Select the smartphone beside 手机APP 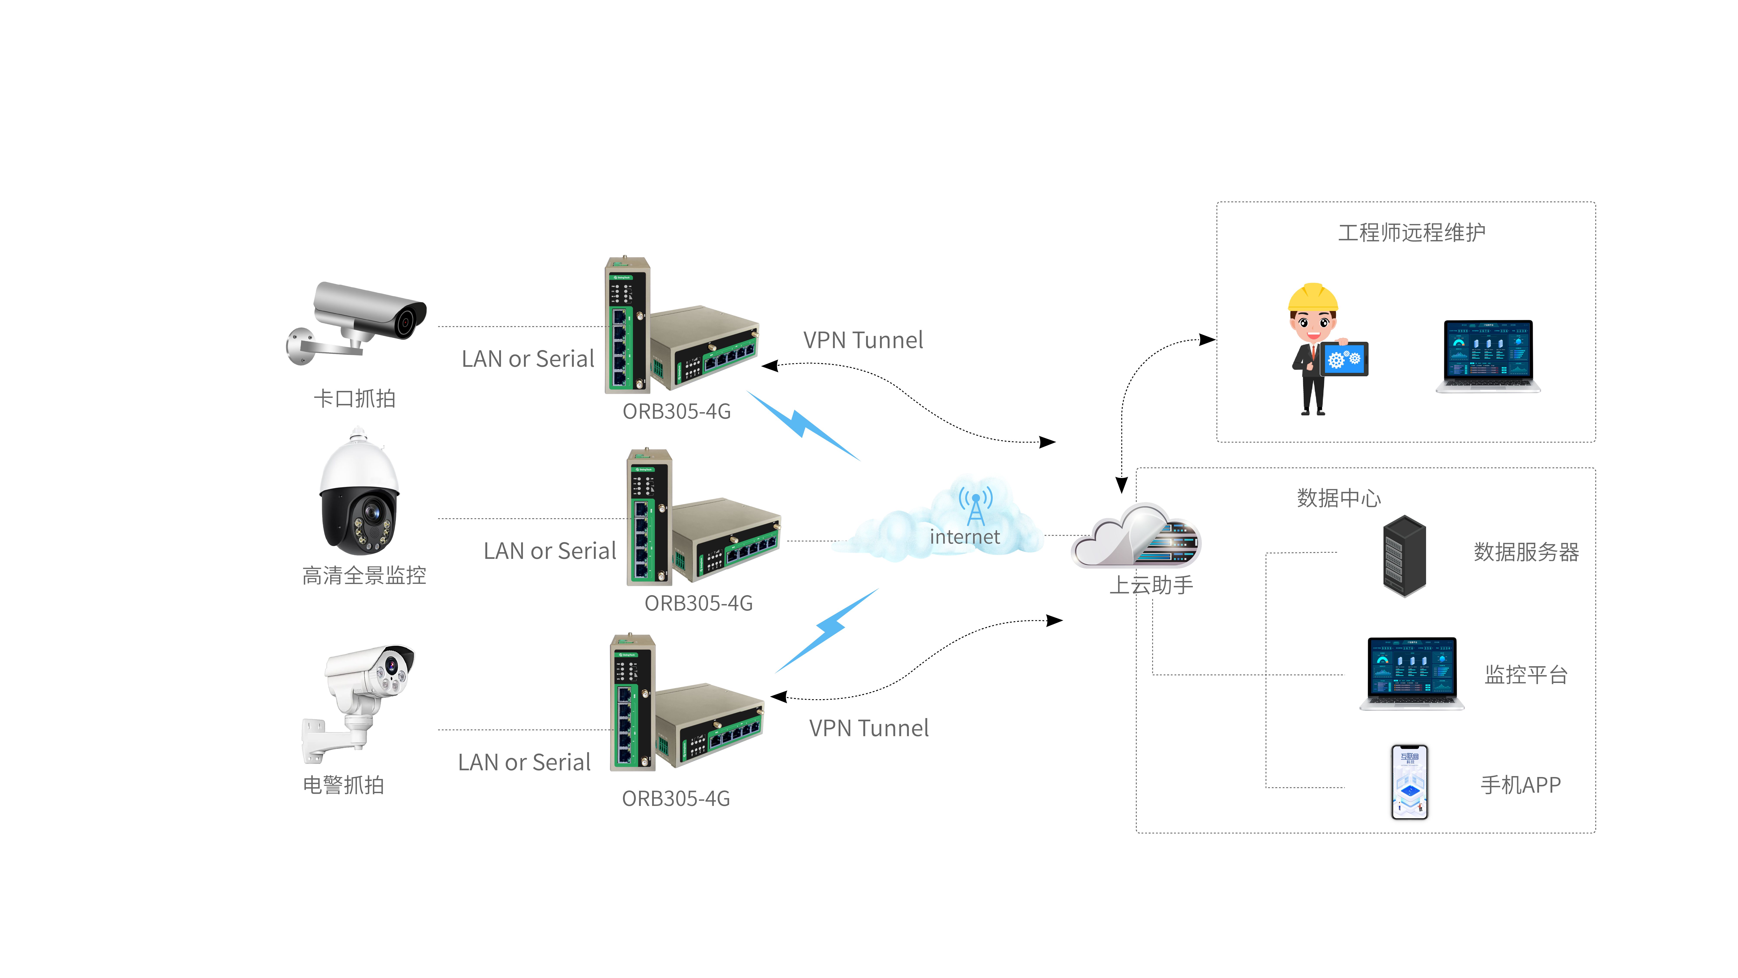point(1409,782)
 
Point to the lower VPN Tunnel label point(868,728)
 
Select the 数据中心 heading point(1339,498)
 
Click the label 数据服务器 point(1526,552)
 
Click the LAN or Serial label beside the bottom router point(524,762)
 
